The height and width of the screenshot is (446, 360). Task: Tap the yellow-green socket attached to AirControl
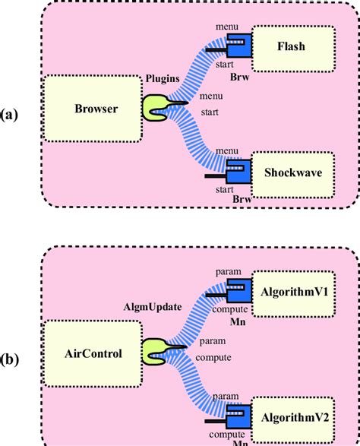tap(156, 350)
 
